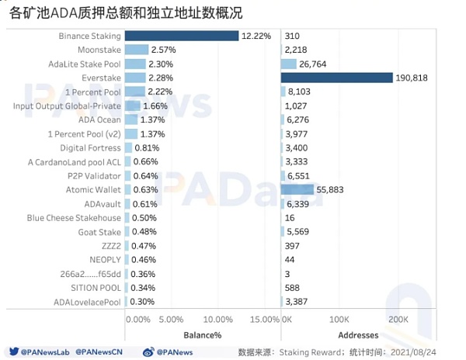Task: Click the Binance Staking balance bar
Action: point(181,36)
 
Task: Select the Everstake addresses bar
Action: point(337,78)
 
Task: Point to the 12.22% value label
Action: point(256,36)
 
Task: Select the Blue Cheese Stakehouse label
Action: point(74,218)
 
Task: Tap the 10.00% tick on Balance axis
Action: point(224,320)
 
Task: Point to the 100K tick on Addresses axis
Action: point(339,320)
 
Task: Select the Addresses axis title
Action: point(359,335)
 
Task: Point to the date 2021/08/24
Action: point(431,351)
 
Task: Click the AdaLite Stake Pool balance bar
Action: point(135,64)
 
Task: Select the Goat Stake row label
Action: point(99,232)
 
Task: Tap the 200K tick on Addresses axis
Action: point(398,320)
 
